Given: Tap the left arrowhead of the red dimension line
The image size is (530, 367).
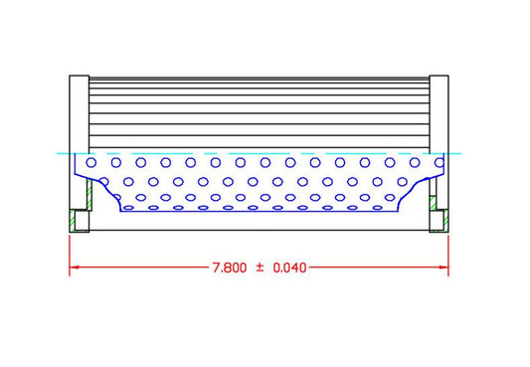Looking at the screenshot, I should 73,269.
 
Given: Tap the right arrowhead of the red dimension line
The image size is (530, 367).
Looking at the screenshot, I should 444,269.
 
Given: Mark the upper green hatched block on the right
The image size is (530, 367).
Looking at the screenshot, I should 434,203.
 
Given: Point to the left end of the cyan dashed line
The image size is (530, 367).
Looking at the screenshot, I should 59,154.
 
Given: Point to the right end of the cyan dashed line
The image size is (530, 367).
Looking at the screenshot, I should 460,154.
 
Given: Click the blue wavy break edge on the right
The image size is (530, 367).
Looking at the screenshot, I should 410,191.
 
